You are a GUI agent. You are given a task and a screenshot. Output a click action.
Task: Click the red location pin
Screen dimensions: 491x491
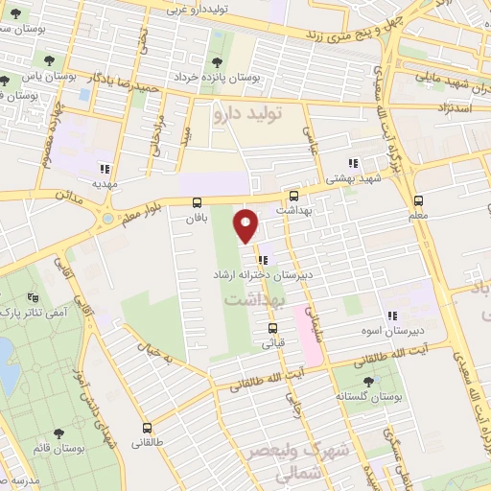[x=247, y=225]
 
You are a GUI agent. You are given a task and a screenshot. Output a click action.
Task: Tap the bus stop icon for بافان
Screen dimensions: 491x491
[x=197, y=202]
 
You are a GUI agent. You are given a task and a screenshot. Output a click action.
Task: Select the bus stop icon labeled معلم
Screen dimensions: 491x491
[x=418, y=201]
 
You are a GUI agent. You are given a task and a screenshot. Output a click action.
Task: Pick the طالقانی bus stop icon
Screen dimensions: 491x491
[x=147, y=428]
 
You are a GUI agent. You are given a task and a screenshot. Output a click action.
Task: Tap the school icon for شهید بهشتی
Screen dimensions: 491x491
[x=353, y=163]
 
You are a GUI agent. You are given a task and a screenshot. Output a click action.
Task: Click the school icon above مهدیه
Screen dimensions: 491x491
[x=117, y=164]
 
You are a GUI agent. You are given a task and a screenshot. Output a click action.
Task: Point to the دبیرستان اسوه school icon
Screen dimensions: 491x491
[x=391, y=315]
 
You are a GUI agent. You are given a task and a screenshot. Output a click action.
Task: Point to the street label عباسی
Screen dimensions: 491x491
[x=309, y=139]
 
